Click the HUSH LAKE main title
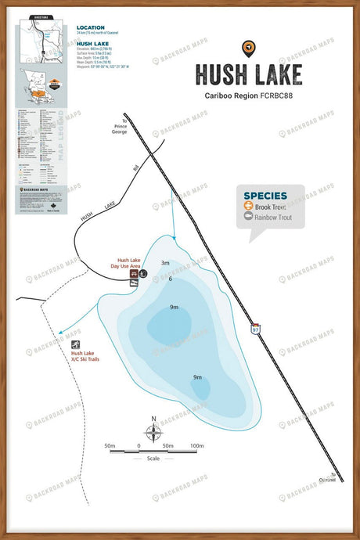point(248,74)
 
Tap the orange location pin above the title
point(248,48)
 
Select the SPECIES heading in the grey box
point(265,196)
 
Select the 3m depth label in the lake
point(165,264)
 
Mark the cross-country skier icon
point(76,345)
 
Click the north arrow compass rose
point(154,430)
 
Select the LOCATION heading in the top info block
point(90,27)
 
